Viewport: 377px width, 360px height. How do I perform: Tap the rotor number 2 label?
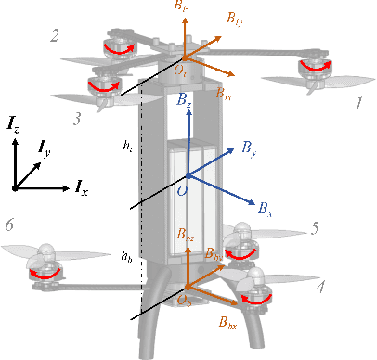(56, 36)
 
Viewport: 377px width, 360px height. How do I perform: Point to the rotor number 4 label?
(319, 288)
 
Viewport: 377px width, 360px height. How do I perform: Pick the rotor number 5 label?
(315, 226)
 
